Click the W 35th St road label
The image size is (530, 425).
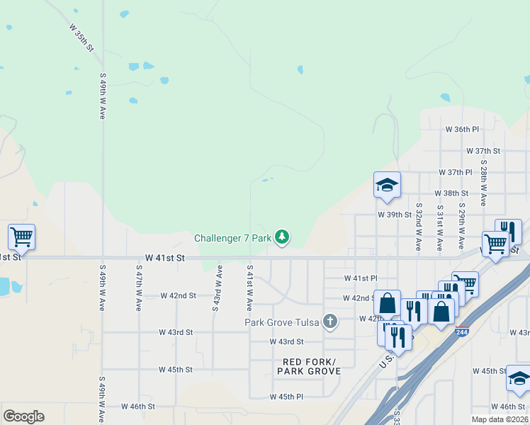pyautogui.click(x=82, y=38)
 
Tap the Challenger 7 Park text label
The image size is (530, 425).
pyautogui.click(x=232, y=239)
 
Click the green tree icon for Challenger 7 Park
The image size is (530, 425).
pyautogui.click(x=282, y=237)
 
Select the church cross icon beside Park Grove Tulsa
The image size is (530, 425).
pyautogui.click(x=329, y=322)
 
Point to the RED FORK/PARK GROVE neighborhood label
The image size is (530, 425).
pyautogui.click(x=309, y=366)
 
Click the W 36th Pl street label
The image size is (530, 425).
pyautogui.click(x=462, y=130)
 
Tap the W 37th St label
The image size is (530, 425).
pyautogui.click(x=483, y=151)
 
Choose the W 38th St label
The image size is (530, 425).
pyautogui.click(x=451, y=193)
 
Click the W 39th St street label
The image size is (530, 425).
pyautogui.click(x=395, y=214)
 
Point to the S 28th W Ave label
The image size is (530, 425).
pyautogui.click(x=483, y=182)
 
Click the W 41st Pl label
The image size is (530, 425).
pyautogui.click(x=361, y=279)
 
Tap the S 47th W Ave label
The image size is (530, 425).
pyautogui.click(x=138, y=289)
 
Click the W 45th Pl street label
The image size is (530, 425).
pyautogui.click(x=286, y=397)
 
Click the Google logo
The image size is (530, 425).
pyautogui.click(x=23, y=416)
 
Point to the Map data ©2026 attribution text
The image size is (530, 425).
pyautogui.click(x=499, y=419)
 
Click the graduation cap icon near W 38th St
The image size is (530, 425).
pyautogui.click(x=387, y=186)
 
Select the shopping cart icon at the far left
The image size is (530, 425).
pyautogui.click(x=21, y=237)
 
